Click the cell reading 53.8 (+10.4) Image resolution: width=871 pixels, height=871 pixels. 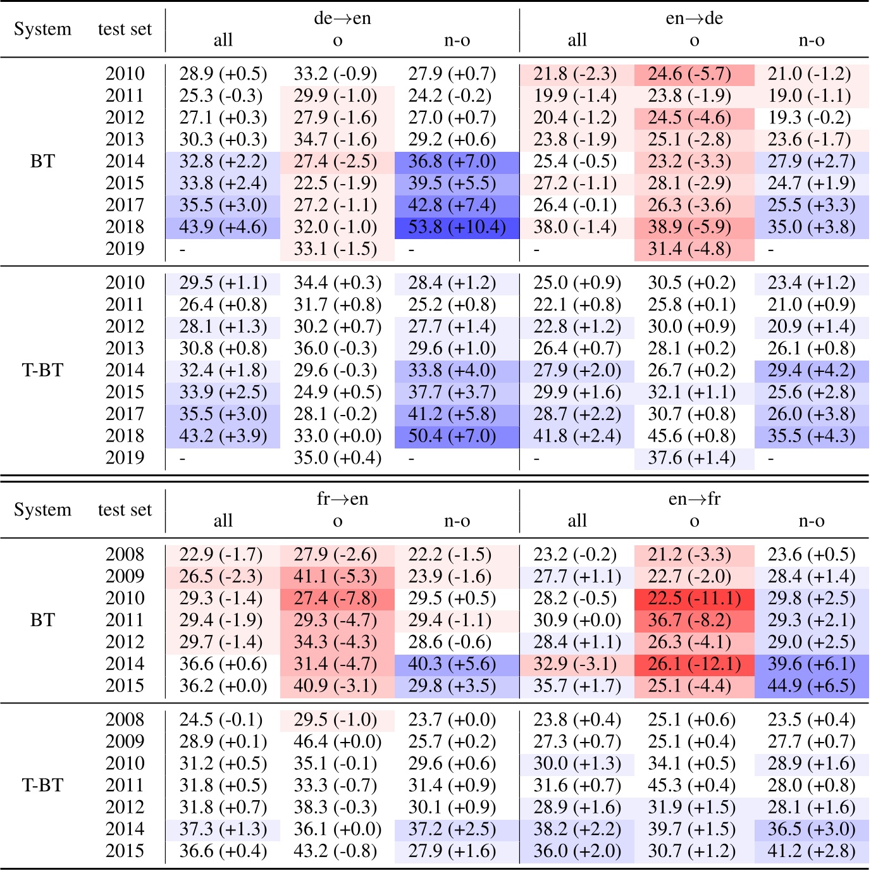pos(457,227)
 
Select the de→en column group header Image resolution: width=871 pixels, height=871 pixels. pos(342,18)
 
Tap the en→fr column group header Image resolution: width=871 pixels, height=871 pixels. pos(694,499)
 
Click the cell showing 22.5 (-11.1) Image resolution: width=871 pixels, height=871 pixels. pos(694,598)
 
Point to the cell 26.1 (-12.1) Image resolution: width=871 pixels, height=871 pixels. pos(694,664)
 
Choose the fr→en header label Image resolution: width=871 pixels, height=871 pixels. pos(342,499)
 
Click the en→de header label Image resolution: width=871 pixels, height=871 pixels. pos(694,18)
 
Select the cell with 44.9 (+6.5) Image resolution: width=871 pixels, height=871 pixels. pos(812,686)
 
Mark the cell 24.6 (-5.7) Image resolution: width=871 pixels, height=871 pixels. pos(694,74)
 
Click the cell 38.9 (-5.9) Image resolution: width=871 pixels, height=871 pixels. pos(694,227)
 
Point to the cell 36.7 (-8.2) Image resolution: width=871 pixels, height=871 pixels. pos(694,620)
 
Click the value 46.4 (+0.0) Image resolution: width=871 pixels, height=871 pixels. pos(337,741)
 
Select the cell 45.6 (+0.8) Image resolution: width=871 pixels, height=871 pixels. pos(691,436)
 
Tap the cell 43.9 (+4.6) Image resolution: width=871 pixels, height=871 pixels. pos(223,227)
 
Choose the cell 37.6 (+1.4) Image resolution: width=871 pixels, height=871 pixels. pos(691,458)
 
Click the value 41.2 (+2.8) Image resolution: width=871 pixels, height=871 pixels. pos(812,851)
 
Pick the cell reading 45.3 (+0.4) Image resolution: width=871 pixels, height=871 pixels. pos(691,785)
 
